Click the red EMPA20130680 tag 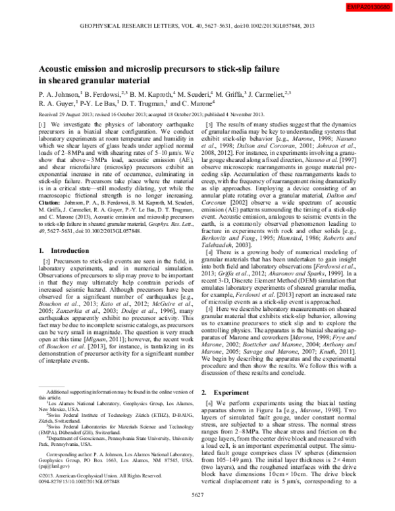pyautogui.click(x=368, y=6)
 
